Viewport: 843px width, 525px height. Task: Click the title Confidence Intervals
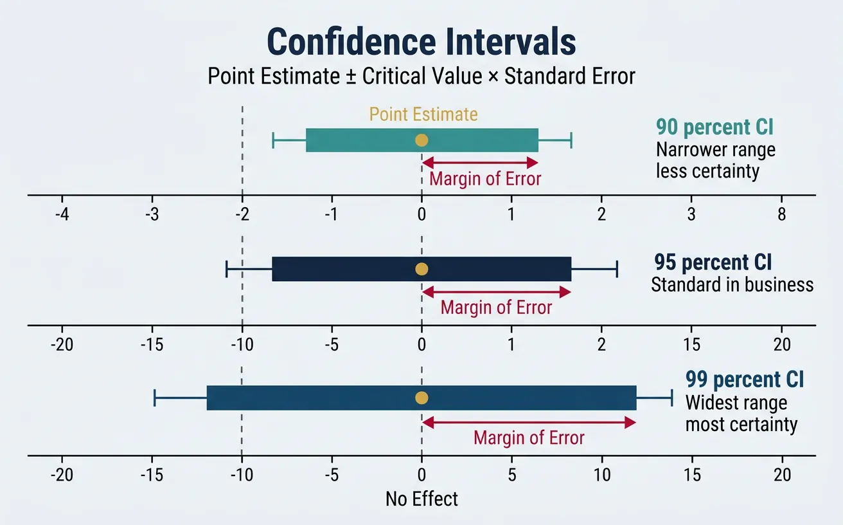(421, 42)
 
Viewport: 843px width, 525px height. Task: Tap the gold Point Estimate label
(423, 115)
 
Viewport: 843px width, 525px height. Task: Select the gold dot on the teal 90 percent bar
(421, 140)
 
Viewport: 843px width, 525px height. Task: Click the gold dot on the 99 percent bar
(421, 398)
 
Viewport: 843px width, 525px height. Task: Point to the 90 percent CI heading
(714, 127)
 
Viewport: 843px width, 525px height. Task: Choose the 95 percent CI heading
(713, 262)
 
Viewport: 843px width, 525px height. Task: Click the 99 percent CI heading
(744, 379)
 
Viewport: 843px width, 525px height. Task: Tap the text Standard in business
(732, 284)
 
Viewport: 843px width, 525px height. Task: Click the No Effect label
(421, 499)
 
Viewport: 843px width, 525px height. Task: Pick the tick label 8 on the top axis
(781, 215)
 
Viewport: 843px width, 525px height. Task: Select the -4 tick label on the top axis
(62, 215)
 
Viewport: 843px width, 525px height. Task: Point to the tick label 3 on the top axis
(691, 215)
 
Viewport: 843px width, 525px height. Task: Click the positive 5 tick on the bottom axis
(511, 475)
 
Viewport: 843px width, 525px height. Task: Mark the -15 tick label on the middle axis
(152, 345)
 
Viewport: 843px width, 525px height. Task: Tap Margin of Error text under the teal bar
(485, 179)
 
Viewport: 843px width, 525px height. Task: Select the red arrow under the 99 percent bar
(528, 422)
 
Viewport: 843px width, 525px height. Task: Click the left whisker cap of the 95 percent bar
(226, 269)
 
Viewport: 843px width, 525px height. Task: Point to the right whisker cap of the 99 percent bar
(672, 398)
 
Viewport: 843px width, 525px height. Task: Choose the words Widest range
(736, 403)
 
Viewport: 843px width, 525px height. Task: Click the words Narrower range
(715, 150)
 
